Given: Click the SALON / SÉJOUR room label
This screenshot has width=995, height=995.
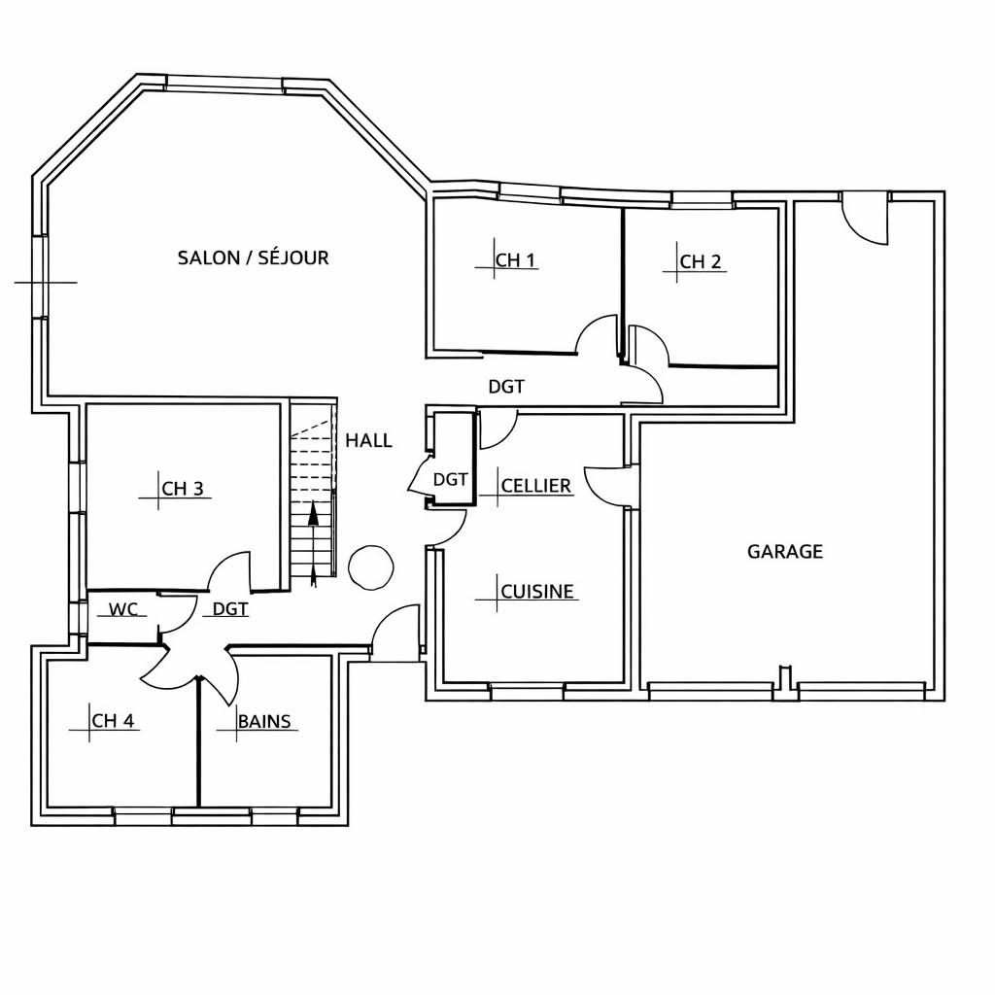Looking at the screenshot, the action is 254,257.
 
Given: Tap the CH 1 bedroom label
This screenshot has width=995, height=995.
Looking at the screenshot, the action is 515,260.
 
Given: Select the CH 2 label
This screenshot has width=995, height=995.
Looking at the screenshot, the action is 701,261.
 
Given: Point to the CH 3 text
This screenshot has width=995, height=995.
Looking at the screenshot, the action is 183,489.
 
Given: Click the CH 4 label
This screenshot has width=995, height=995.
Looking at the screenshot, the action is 113,721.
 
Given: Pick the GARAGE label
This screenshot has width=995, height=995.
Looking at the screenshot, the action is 785,552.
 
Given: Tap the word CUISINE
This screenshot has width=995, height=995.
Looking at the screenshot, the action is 536,592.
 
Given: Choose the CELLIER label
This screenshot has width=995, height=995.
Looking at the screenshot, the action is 536,486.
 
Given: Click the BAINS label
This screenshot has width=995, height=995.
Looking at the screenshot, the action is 264,722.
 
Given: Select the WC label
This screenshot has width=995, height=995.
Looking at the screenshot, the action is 123,609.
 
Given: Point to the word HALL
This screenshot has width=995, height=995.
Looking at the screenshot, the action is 368,440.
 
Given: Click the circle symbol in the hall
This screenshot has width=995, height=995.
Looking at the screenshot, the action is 371,567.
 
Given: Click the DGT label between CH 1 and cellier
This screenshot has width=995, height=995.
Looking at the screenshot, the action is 506,387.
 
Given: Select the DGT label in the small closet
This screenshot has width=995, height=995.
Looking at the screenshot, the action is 450,480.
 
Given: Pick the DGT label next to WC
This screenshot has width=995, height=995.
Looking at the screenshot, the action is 230,609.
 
